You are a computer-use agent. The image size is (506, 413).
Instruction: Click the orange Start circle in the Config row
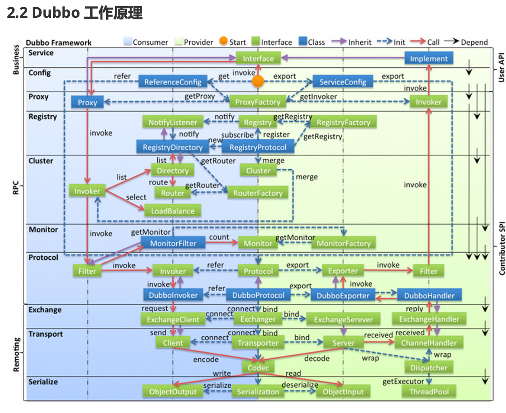click(x=258, y=81)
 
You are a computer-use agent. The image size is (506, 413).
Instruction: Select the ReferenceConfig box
click(x=173, y=82)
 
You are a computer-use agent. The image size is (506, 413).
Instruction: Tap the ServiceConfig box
click(x=343, y=82)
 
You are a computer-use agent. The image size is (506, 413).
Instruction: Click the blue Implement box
click(x=429, y=58)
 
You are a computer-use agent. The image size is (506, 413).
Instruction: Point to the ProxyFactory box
click(x=257, y=102)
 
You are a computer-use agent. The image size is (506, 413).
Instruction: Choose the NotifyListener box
click(x=173, y=122)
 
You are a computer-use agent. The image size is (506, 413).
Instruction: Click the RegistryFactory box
click(x=343, y=122)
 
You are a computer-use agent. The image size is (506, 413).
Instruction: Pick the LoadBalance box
click(x=173, y=211)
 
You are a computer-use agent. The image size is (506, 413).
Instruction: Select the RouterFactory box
click(x=257, y=193)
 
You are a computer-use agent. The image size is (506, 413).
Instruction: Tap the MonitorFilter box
click(x=173, y=243)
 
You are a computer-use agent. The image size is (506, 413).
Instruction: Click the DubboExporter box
click(x=343, y=296)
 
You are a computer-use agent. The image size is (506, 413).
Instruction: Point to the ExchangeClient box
click(x=173, y=319)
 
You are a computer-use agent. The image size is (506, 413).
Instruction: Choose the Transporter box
click(x=258, y=343)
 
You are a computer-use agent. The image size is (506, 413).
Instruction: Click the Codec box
click(x=258, y=367)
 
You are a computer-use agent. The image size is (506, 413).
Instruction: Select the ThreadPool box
click(x=429, y=392)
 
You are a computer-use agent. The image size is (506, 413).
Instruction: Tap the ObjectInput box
click(x=343, y=392)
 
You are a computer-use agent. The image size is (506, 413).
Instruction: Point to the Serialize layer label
click(x=43, y=382)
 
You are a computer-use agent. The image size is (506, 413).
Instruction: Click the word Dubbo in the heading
click(x=56, y=13)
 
